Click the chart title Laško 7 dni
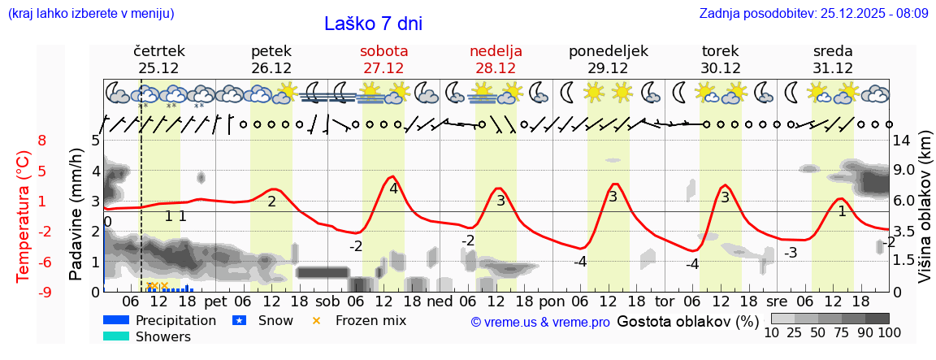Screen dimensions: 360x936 pos(373,24)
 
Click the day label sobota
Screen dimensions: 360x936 pos(383,51)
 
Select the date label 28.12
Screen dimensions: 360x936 pos(496,68)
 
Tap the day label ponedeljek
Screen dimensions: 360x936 pos(608,51)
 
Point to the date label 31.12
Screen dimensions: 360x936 pos(833,68)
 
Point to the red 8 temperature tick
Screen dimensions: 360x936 pos(42,141)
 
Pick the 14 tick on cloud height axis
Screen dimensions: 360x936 pos(901,141)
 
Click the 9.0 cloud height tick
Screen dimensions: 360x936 pos(904,171)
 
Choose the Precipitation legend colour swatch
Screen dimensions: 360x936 pos(116,320)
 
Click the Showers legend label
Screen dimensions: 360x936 pos(163,336)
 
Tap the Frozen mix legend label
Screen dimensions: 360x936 pos(370,320)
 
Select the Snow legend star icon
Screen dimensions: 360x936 pos(239,320)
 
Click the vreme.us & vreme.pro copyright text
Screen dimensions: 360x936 pos(540,322)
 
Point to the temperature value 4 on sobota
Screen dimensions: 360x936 pos(393,189)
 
